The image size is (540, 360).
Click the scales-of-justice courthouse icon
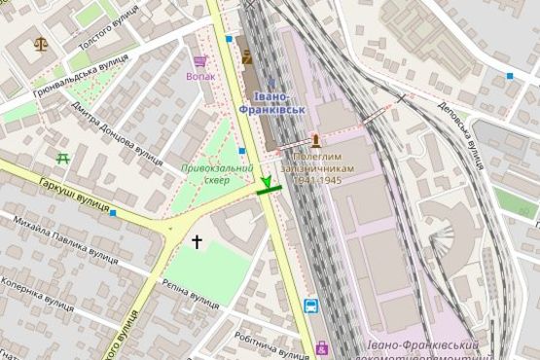40,44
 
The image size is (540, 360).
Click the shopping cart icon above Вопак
200,60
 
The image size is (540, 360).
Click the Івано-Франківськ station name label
279,103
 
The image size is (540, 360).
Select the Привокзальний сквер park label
213,172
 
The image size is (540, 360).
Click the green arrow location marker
267,182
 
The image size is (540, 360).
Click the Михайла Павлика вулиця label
66,243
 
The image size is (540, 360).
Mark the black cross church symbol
197,240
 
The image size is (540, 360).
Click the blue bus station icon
310,306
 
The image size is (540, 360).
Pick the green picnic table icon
63,156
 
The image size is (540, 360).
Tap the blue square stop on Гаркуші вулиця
114,212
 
